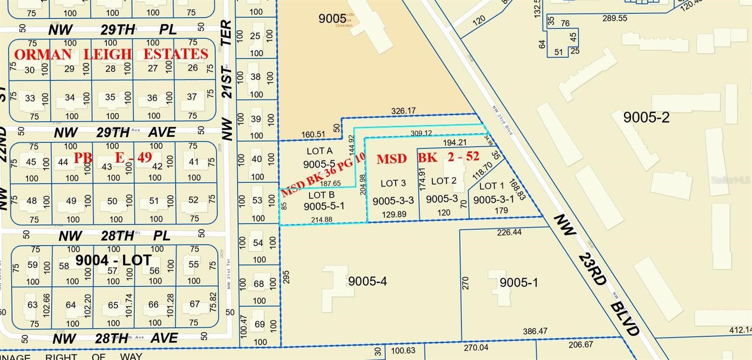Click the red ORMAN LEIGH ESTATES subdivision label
tap(111, 55)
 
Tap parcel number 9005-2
tap(646, 117)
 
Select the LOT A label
tap(320, 151)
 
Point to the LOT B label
tap(321, 195)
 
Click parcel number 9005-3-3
tap(393, 201)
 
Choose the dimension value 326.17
tap(403, 111)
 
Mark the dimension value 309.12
tap(421, 133)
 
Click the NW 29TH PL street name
tap(113, 30)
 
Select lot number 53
tap(257, 200)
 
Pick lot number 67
tap(195, 304)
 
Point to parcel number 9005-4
tap(368, 281)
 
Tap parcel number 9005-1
tap(518, 282)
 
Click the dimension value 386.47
tap(535, 331)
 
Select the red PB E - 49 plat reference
tap(113, 157)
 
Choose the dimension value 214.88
tap(321, 219)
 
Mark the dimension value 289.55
tap(615, 18)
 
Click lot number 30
tap(30, 70)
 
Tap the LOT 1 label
tap(491, 186)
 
